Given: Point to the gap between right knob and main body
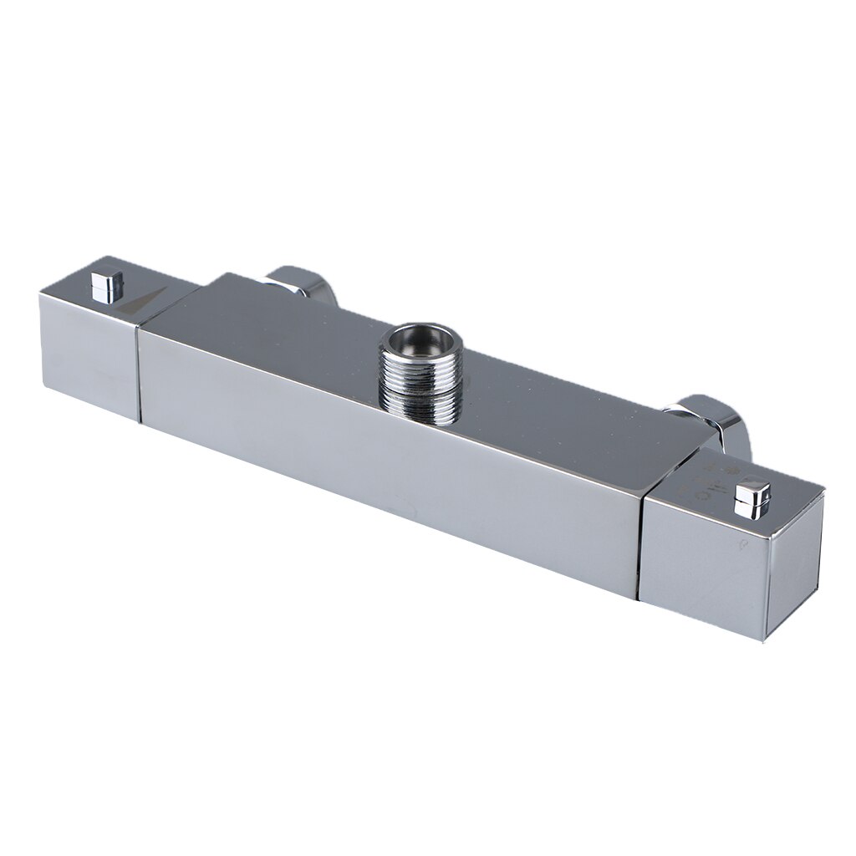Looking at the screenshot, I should tap(642, 543).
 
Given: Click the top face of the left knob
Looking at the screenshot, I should tap(84, 288).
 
